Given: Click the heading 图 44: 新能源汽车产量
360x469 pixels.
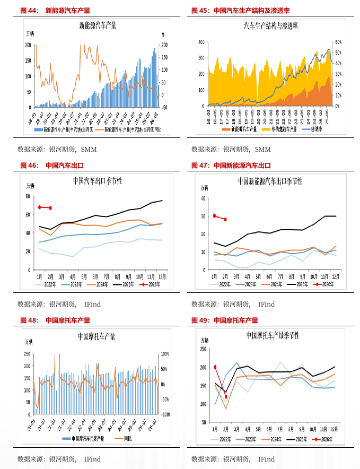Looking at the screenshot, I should pyautogui.click(x=55, y=10).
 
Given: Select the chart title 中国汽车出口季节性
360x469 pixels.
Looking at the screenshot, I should pyautogui.click(x=98, y=181).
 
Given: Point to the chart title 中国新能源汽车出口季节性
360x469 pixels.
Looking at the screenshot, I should pyautogui.click(x=270, y=181).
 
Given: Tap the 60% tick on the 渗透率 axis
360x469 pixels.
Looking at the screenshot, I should pyautogui.click(x=339, y=41).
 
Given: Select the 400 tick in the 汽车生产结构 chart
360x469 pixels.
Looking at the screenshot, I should pyautogui.click(x=201, y=41).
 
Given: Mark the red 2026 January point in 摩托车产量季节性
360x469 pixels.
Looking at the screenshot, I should pyautogui.click(x=215, y=367).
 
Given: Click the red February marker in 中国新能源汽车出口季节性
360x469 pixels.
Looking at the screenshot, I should pyautogui.click(x=225, y=220).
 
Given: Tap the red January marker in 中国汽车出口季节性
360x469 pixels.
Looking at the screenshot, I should pyautogui.click(x=39, y=207).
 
